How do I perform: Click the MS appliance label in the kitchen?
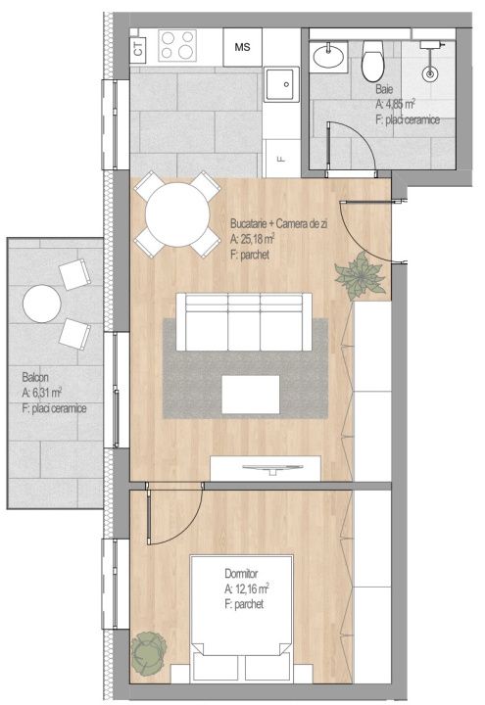(243, 47)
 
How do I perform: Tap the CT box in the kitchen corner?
(138, 48)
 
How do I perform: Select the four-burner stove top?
(177, 45)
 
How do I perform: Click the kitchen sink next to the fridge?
(281, 84)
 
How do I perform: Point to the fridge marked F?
(281, 158)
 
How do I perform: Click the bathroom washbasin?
(329, 56)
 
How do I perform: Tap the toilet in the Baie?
(373, 60)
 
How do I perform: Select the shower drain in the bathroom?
(430, 73)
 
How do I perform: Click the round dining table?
(177, 214)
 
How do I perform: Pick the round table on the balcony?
(42, 304)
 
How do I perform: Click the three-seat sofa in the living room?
(244, 322)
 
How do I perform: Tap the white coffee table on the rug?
(251, 395)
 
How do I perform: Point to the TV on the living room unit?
(272, 469)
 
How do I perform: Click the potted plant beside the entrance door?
(360, 275)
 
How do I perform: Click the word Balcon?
(35, 377)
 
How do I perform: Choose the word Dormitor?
(241, 573)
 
